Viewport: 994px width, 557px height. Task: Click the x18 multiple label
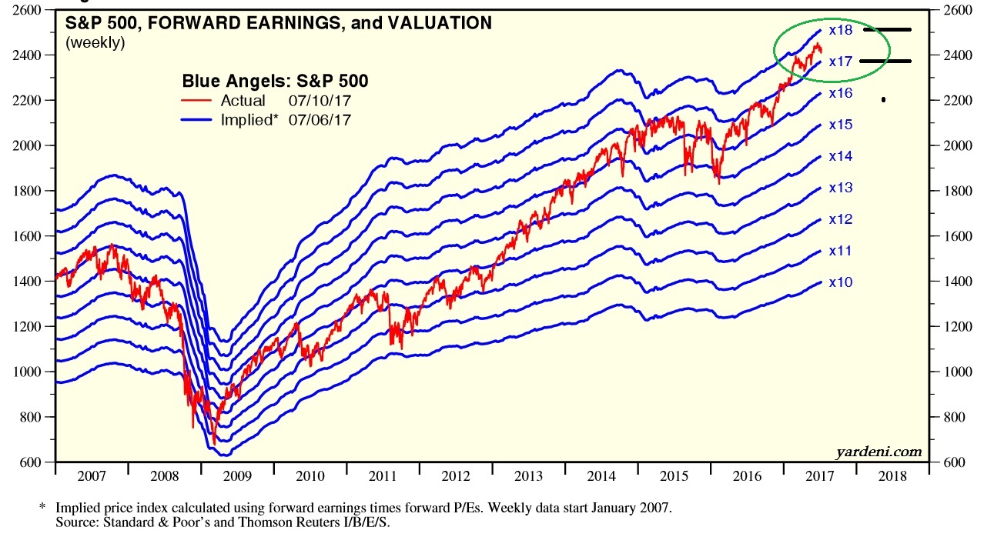[841, 31]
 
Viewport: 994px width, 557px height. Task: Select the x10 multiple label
[841, 282]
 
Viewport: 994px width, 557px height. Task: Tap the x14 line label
[841, 156]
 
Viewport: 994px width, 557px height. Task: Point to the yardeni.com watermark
[878, 452]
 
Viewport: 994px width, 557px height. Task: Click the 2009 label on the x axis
[239, 476]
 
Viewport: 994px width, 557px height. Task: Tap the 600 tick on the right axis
[947, 462]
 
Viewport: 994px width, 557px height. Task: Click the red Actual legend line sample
[198, 101]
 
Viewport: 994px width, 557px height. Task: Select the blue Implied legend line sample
[198, 119]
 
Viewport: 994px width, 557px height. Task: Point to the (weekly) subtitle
[95, 43]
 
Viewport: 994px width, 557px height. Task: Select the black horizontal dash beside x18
[887, 30]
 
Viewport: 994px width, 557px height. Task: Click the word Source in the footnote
[75, 522]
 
